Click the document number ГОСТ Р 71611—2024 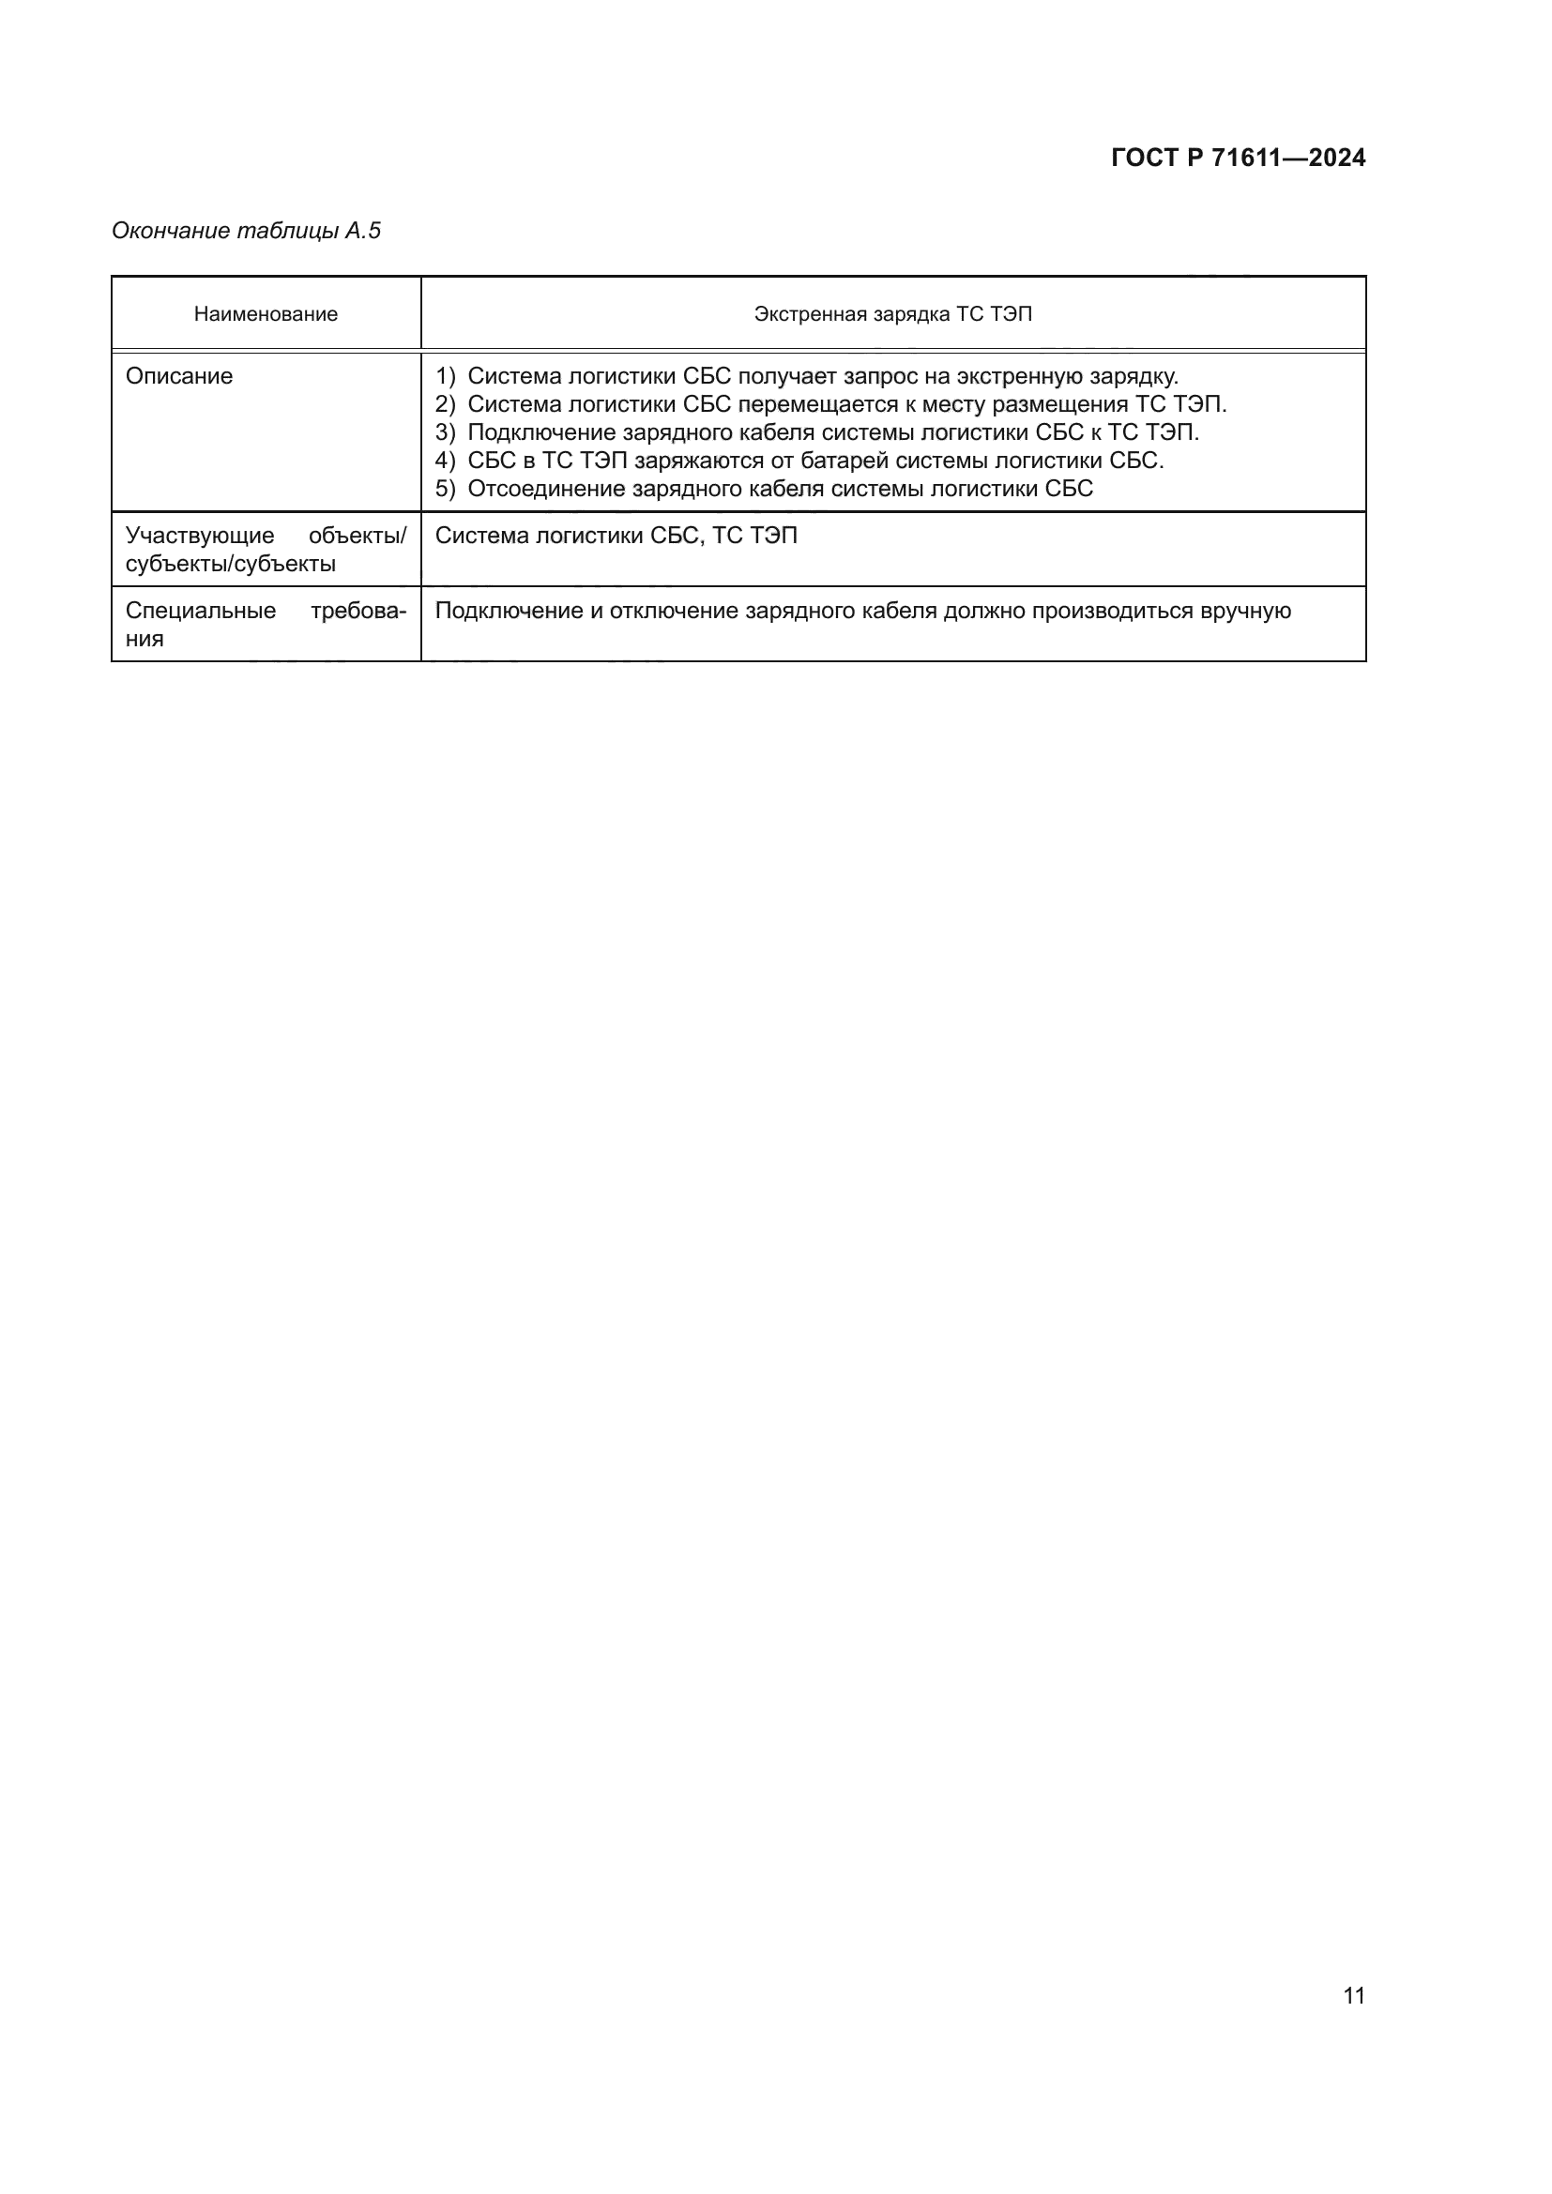point(1238,158)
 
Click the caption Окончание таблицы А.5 point(246,231)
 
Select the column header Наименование point(266,314)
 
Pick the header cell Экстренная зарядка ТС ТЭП point(892,314)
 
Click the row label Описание point(178,375)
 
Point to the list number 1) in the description point(445,375)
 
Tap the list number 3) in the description point(445,431)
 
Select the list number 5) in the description point(445,489)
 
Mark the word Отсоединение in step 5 point(547,489)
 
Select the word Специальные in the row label point(201,611)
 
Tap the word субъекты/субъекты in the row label point(230,564)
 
